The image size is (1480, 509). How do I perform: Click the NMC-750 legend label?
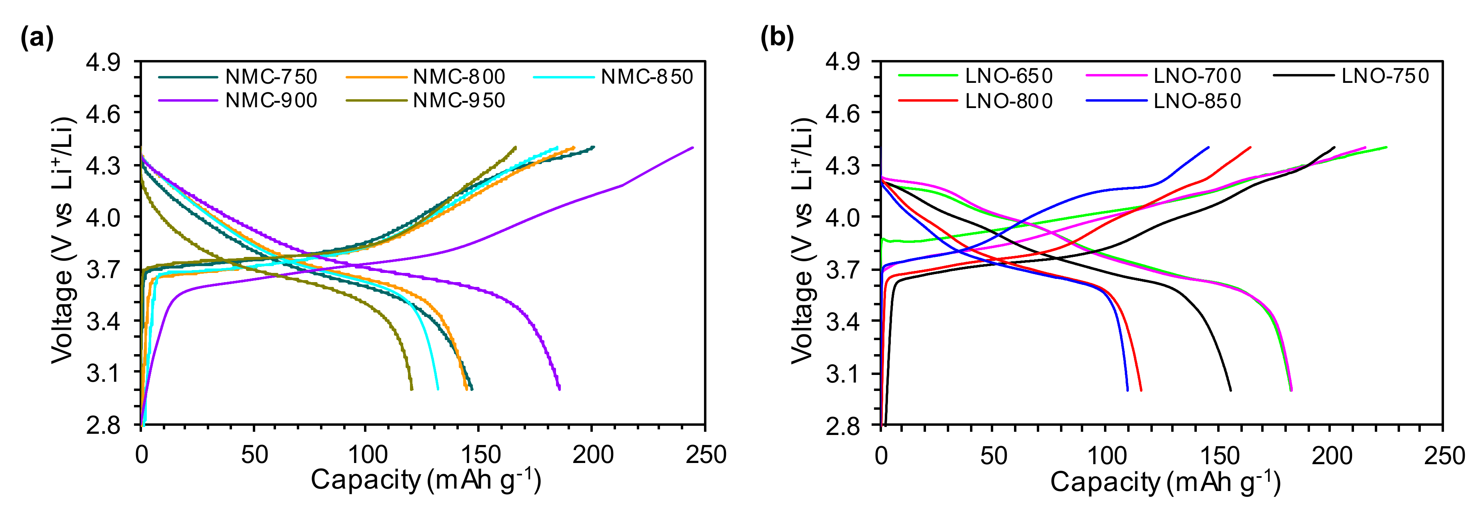tap(271, 76)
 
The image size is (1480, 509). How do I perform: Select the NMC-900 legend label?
tap(271, 100)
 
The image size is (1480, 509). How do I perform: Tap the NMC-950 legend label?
tap(458, 100)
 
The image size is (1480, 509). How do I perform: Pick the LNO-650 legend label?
tap(1008, 76)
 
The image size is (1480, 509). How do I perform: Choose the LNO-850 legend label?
tap(1197, 101)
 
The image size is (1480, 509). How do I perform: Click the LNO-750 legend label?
tap(1385, 76)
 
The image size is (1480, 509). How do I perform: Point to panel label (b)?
tap(777, 38)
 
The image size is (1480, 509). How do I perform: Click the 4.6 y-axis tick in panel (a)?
tap(104, 114)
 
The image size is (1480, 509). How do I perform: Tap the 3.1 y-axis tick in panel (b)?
tap(843, 373)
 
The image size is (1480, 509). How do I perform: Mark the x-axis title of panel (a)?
tap(426, 480)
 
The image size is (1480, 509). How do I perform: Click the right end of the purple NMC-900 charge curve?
tap(692, 148)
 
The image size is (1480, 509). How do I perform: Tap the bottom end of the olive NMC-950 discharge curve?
tap(411, 389)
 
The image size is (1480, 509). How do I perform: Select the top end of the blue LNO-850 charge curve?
tap(1208, 147)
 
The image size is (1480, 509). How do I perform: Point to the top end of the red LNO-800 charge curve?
tap(1250, 147)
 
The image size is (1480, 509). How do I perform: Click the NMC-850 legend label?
tap(647, 76)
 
